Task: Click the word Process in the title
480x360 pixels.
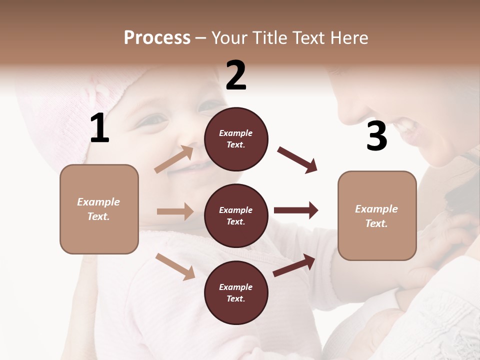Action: point(157,37)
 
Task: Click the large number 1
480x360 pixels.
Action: point(99,128)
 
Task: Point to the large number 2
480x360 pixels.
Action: point(236,75)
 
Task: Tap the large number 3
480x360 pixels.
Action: point(376,136)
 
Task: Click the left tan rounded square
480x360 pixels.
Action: point(99,209)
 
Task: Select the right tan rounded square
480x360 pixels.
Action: point(377,215)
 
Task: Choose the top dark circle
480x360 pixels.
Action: point(236,139)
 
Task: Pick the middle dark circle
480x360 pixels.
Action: point(236,215)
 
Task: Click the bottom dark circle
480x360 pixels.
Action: point(236,292)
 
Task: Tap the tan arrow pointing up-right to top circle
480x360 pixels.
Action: point(174,159)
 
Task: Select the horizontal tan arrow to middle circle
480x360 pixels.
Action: point(175,211)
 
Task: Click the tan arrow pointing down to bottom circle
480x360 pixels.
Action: point(175,266)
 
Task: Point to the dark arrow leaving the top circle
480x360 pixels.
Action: point(297,160)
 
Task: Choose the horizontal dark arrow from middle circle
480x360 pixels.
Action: point(296,210)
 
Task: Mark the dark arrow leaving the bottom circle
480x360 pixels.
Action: point(294,265)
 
